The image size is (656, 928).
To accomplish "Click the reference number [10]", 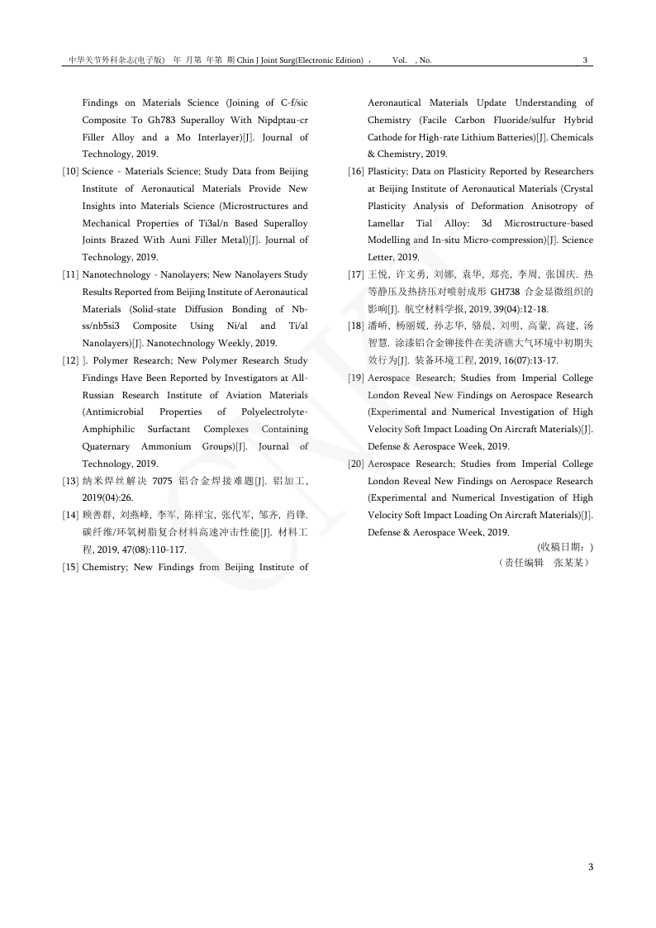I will (70, 172).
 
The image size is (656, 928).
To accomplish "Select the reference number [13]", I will (70, 481).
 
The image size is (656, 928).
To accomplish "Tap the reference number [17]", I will (356, 274).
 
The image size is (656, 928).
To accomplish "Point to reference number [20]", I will (356, 464).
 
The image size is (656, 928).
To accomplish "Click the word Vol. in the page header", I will (400, 60).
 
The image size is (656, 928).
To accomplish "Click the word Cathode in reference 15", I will (386, 137).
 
